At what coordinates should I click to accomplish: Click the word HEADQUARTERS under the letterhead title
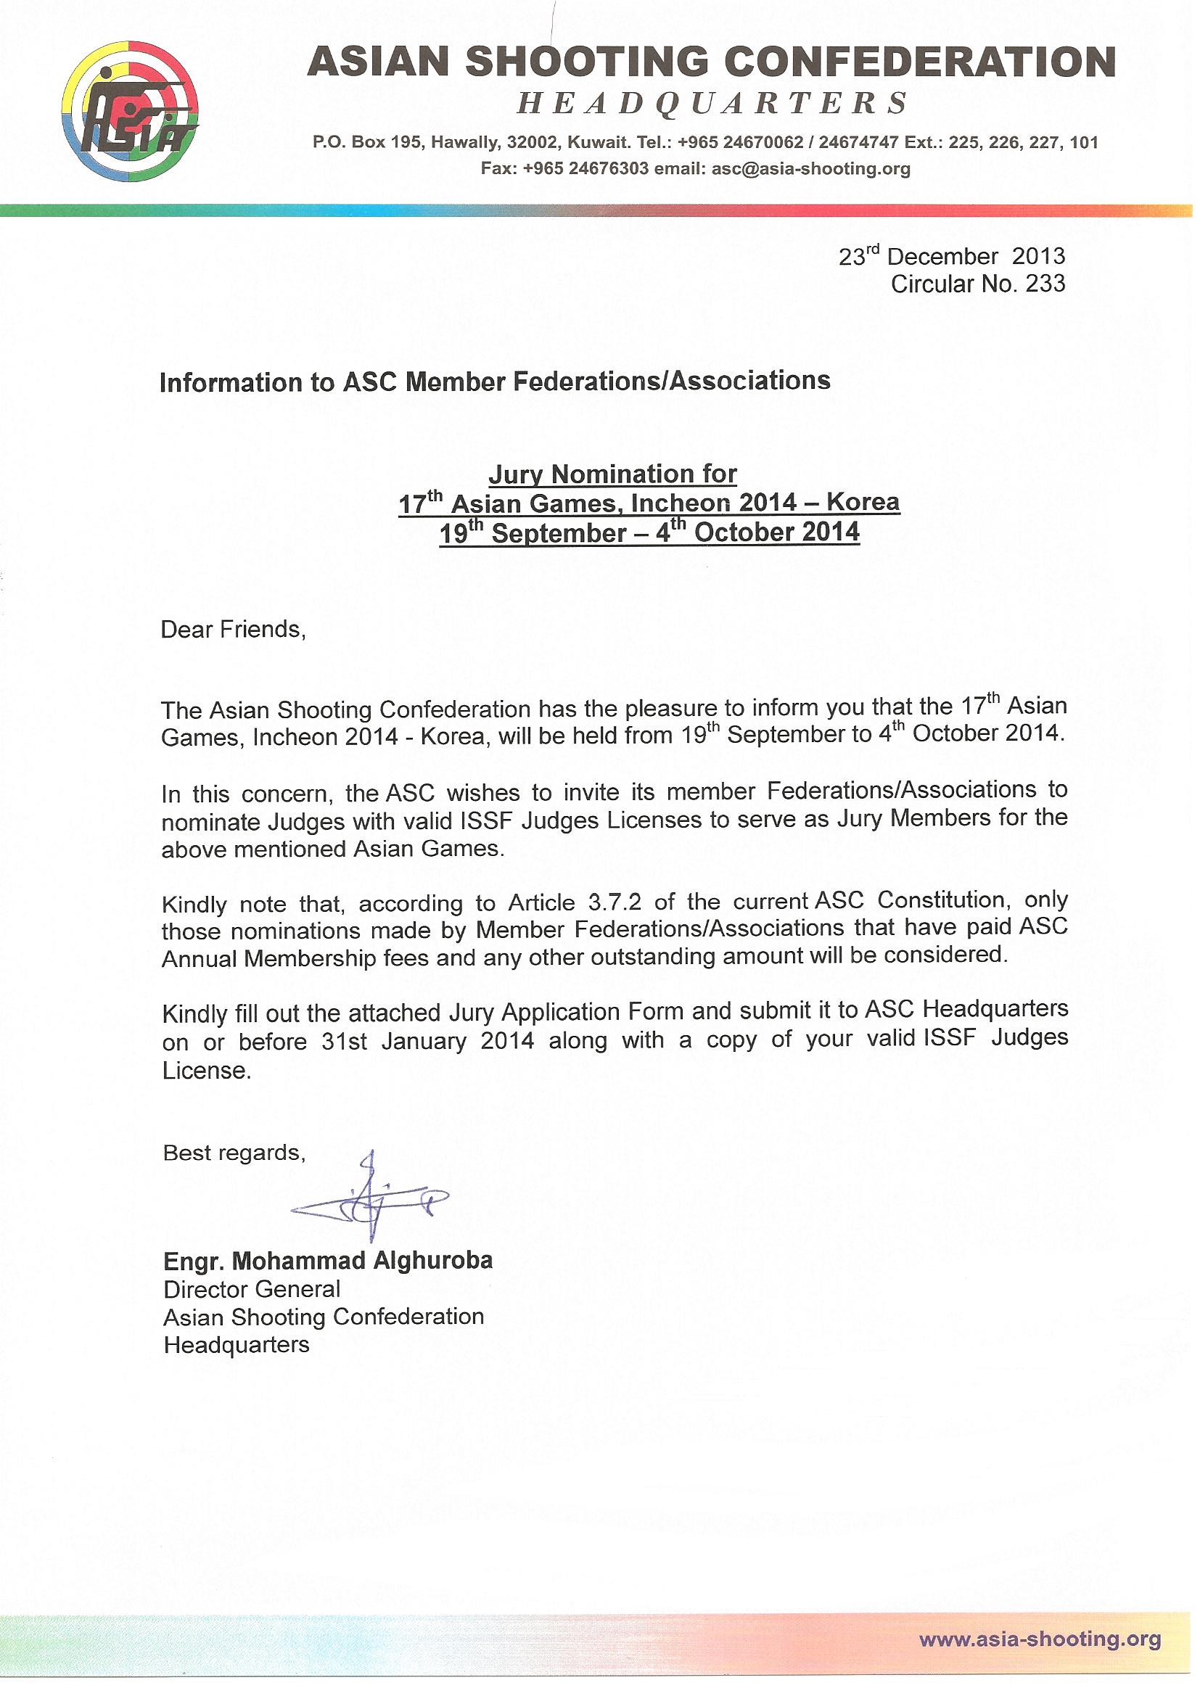point(712,104)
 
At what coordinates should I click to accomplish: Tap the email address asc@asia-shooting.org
point(810,169)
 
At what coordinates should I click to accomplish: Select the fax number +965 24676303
point(585,169)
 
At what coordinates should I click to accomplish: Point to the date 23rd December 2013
point(952,256)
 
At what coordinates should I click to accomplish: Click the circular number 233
point(1045,284)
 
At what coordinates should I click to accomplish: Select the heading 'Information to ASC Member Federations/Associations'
point(495,381)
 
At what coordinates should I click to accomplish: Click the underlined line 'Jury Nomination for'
point(613,474)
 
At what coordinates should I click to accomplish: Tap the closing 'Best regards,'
point(234,1153)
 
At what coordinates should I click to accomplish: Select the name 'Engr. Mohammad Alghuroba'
point(328,1260)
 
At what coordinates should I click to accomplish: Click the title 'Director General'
point(252,1289)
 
